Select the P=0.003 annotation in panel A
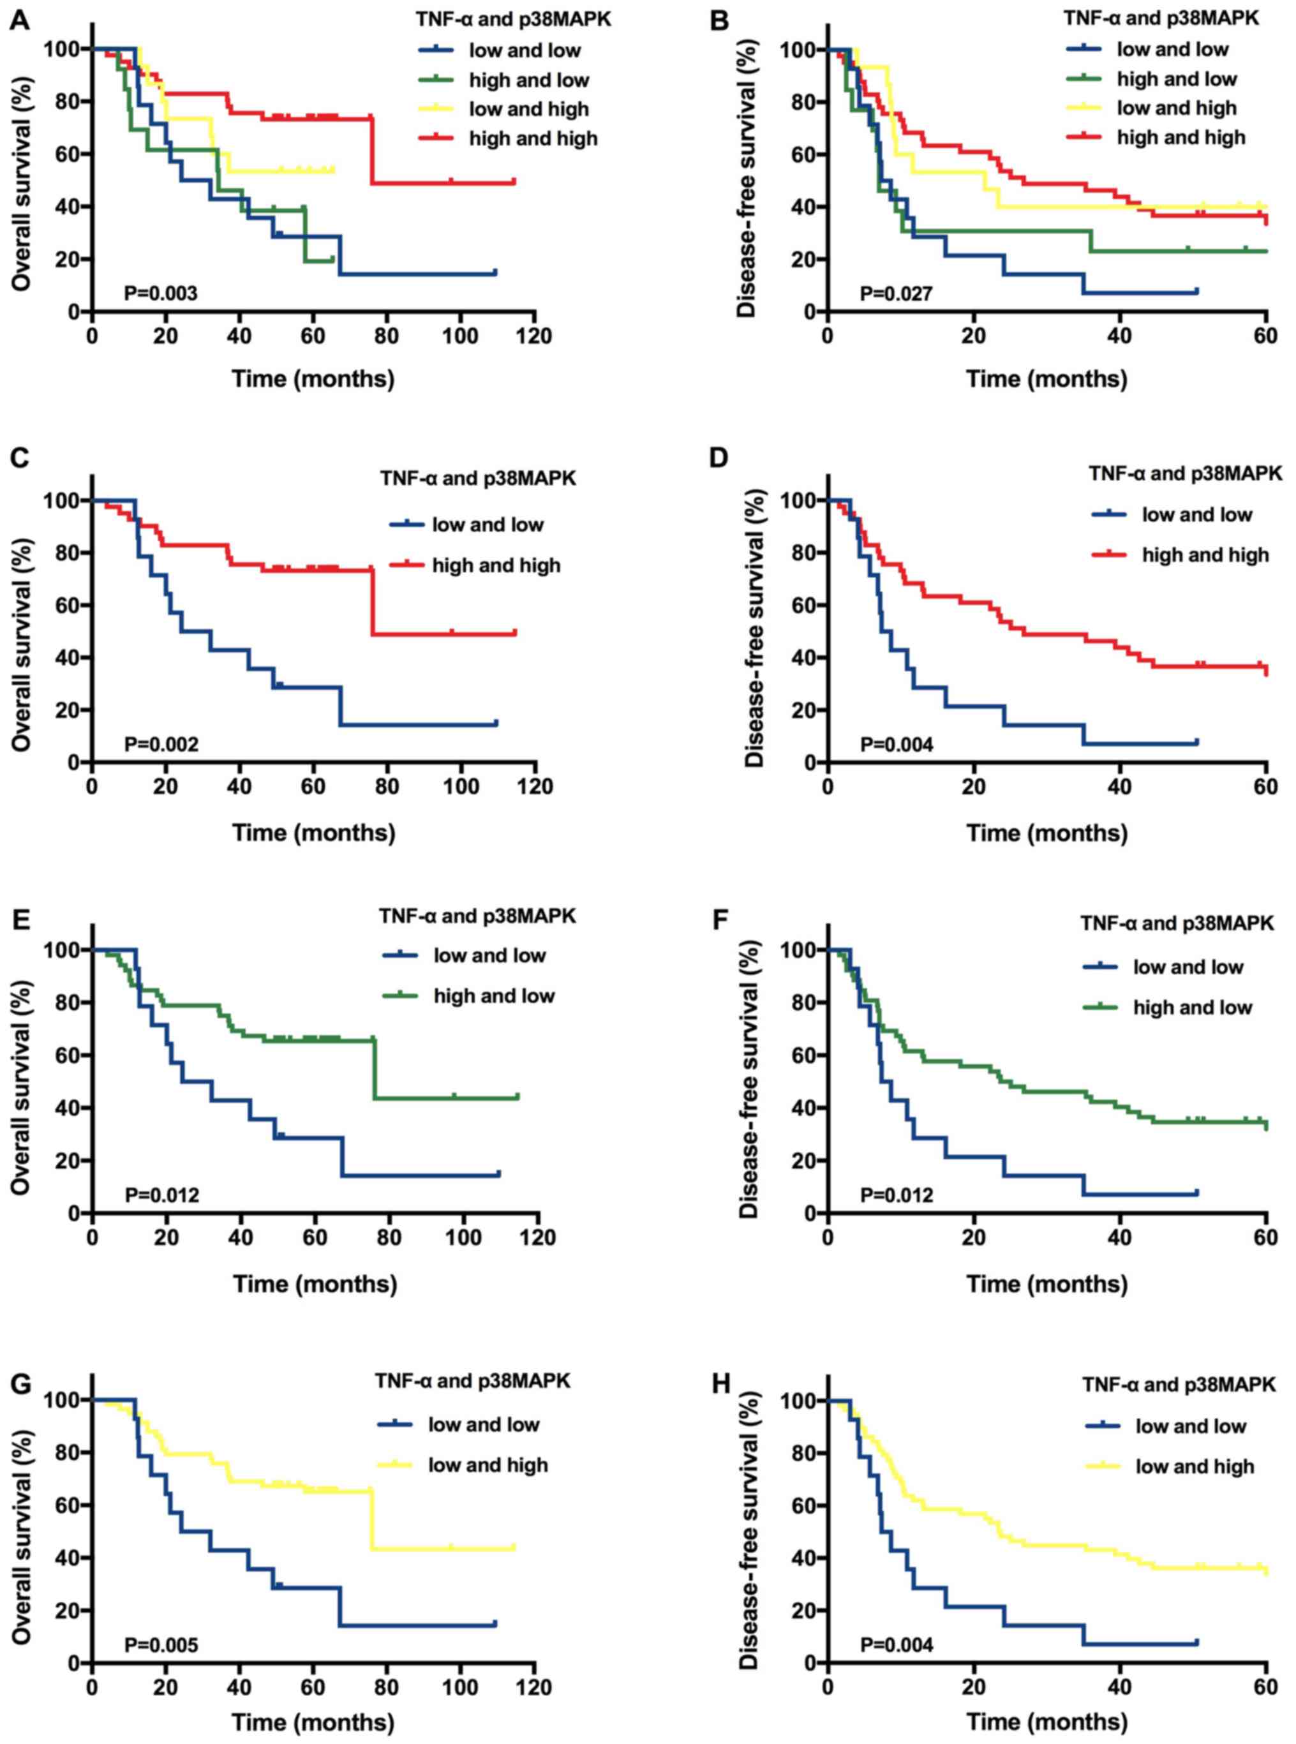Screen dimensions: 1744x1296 pos(161,294)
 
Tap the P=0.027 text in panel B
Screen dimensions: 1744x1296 pos(897,294)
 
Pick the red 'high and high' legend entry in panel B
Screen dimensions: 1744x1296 pos(1181,137)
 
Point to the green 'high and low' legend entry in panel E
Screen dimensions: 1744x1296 pos(493,995)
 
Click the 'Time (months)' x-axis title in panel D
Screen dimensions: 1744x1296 pos(1046,831)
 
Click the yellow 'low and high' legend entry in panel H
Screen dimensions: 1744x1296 pos(1195,1466)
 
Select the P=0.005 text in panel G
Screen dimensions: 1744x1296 pos(161,1644)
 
